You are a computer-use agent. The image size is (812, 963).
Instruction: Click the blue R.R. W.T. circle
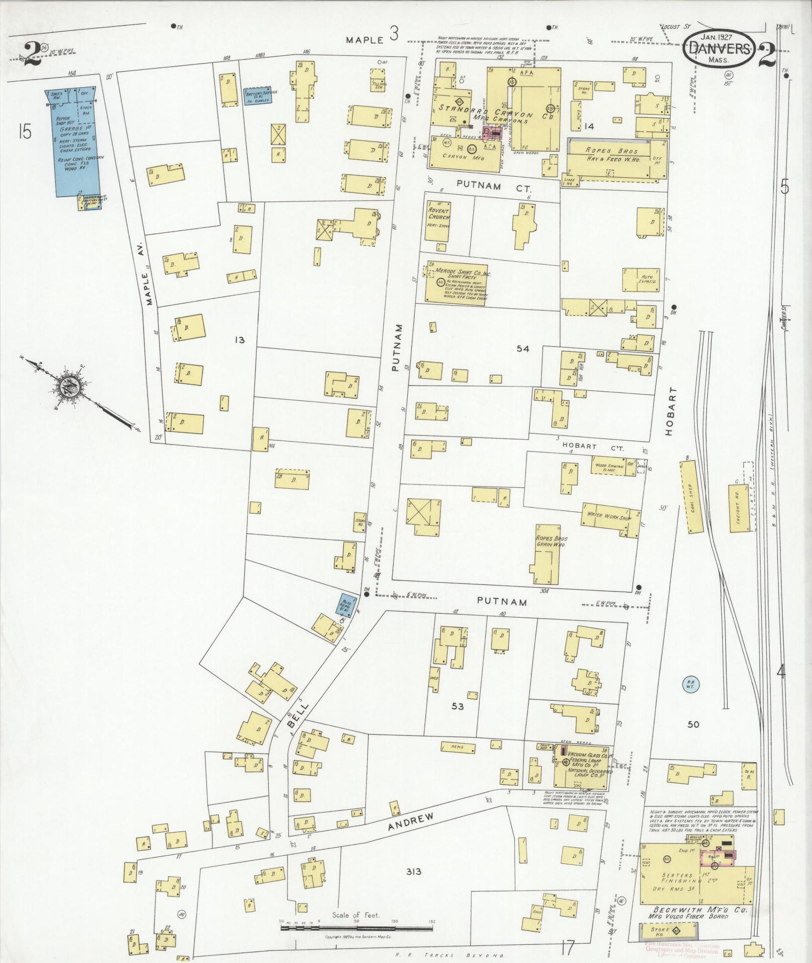point(689,684)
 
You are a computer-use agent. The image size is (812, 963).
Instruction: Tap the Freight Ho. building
point(739,508)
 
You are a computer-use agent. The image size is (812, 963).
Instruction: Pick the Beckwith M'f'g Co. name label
point(697,911)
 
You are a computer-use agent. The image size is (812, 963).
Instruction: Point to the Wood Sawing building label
point(609,466)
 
